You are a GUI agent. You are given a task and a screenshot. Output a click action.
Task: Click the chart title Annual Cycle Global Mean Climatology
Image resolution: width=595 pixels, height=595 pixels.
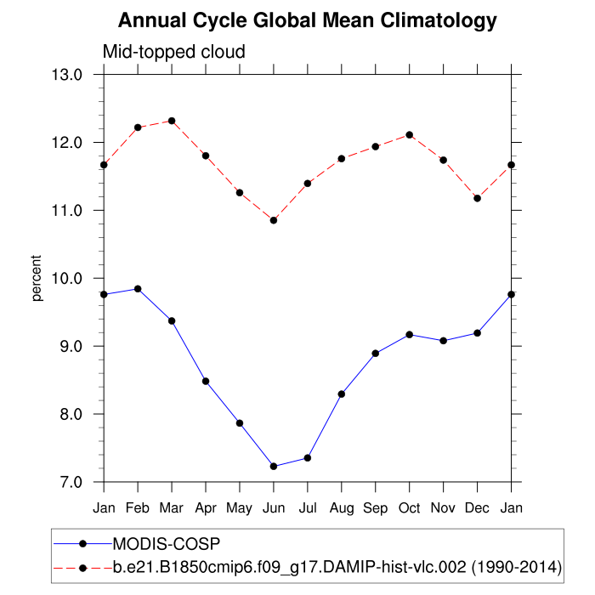click(307, 20)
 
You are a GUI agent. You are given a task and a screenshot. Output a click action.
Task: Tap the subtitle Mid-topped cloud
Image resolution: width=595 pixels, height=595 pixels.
click(173, 52)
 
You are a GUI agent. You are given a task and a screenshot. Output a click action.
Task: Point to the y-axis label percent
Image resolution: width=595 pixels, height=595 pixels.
click(37, 278)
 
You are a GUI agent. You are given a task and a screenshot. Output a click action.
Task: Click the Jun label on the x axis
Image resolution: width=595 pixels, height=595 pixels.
click(274, 508)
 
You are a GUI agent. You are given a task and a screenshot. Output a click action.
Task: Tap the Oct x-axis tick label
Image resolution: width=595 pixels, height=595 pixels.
click(410, 508)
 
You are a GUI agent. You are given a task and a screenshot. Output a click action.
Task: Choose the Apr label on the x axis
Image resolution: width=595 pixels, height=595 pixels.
click(206, 508)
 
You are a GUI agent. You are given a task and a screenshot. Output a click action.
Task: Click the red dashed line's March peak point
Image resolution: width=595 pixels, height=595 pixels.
click(172, 121)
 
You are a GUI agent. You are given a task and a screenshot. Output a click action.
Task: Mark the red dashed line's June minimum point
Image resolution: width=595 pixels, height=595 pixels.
click(274, 220)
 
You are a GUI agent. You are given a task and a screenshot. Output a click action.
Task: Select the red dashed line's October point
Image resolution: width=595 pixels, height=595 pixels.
click(410, 135)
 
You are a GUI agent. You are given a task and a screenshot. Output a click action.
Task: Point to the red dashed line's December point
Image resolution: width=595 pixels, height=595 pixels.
click(478, 198)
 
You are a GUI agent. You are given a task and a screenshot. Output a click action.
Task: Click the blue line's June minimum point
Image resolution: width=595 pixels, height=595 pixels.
click(274, 466)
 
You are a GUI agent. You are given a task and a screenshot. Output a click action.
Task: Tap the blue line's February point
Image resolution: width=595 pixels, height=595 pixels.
click(138, 289)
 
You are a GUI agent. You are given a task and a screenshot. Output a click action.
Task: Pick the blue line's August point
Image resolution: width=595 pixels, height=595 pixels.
click(342, 394)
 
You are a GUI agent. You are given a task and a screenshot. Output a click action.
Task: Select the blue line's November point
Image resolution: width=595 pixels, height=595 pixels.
click(444, 341)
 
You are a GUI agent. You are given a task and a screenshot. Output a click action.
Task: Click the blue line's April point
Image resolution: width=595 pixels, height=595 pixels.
click(206, 381)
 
